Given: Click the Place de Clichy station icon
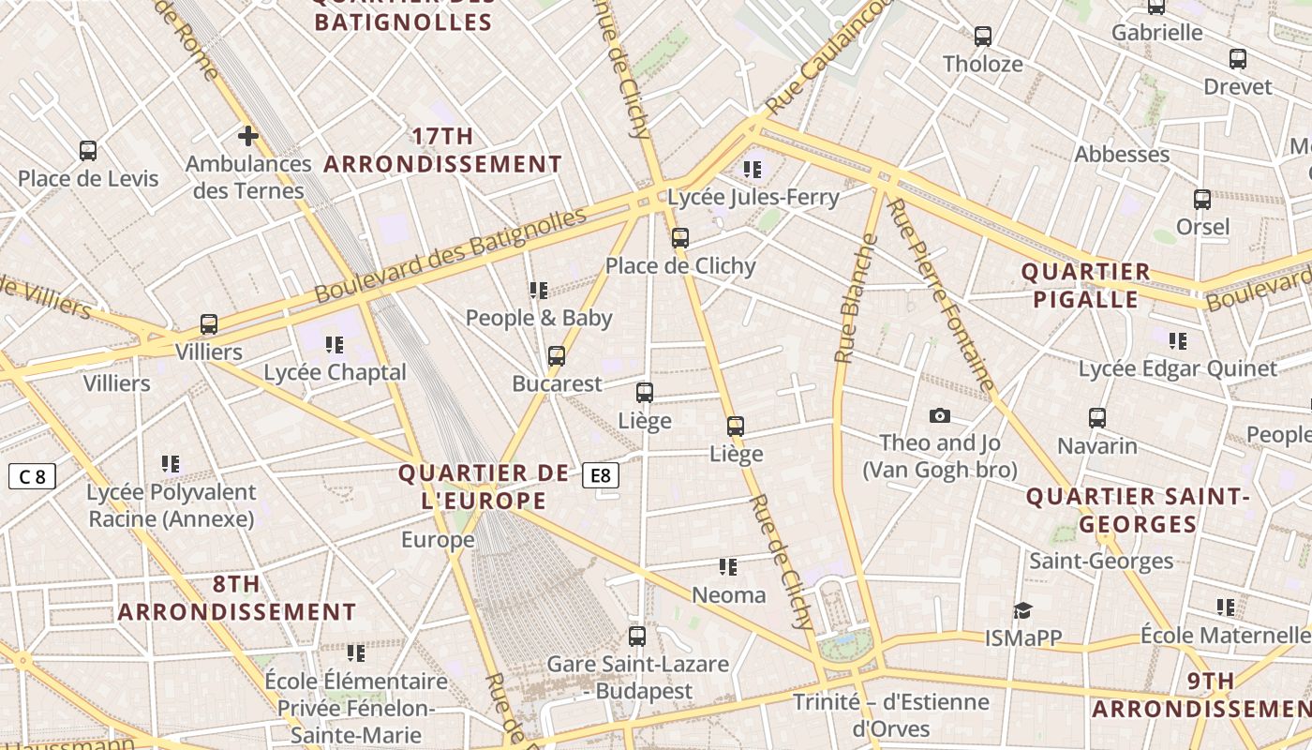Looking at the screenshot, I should (680, 238).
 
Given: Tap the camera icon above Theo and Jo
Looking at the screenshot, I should (939, 415).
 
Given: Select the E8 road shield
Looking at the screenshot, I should (601, 475).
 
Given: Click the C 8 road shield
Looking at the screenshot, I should (32, 476).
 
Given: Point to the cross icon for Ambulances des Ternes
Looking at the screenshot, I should (247, 137).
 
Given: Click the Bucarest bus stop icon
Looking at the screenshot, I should (557, 356).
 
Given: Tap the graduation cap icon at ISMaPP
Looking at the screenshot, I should (1022, 610).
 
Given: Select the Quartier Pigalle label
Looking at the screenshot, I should (1085, 285).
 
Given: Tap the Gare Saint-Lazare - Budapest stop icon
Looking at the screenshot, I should (637, 637).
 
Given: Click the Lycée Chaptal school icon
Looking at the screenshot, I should (335, 345).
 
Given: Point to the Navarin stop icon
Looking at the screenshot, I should (1097, 418).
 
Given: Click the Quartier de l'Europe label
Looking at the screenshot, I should (484, 487).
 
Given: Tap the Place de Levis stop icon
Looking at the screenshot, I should (88, 151).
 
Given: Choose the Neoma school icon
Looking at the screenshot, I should (728, 567).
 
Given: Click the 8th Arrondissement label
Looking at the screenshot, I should (236, 598).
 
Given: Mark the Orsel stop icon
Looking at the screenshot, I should (1202, 200).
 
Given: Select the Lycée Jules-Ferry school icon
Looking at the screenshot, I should (753, 170).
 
